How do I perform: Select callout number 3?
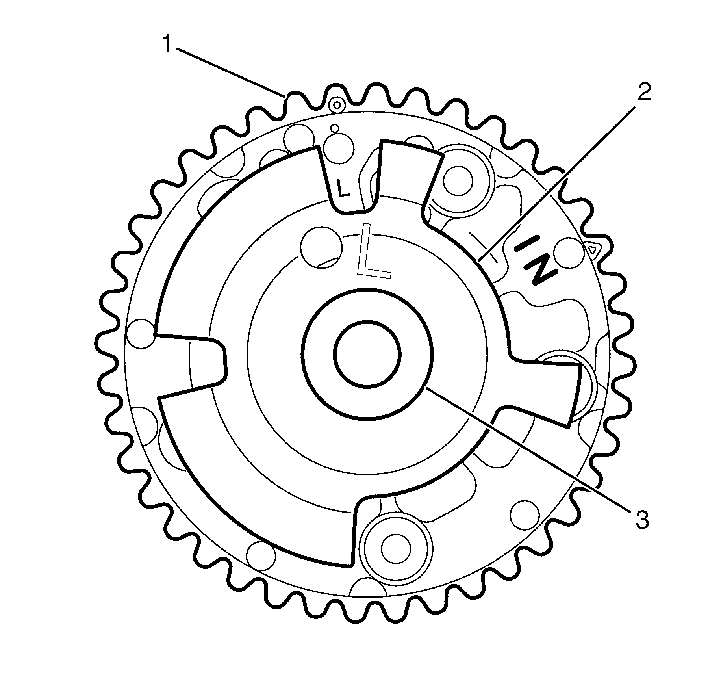pyautogui.click(x=642, y=519)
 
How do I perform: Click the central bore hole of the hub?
pyautogui.click(x=367, y=353)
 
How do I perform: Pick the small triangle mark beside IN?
pyautogui.click(x=592, y=249)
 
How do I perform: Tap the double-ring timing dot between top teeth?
pyautogui.click(x=337, y=105)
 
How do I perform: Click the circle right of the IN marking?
pyautogui.click(x=568, y=251)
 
